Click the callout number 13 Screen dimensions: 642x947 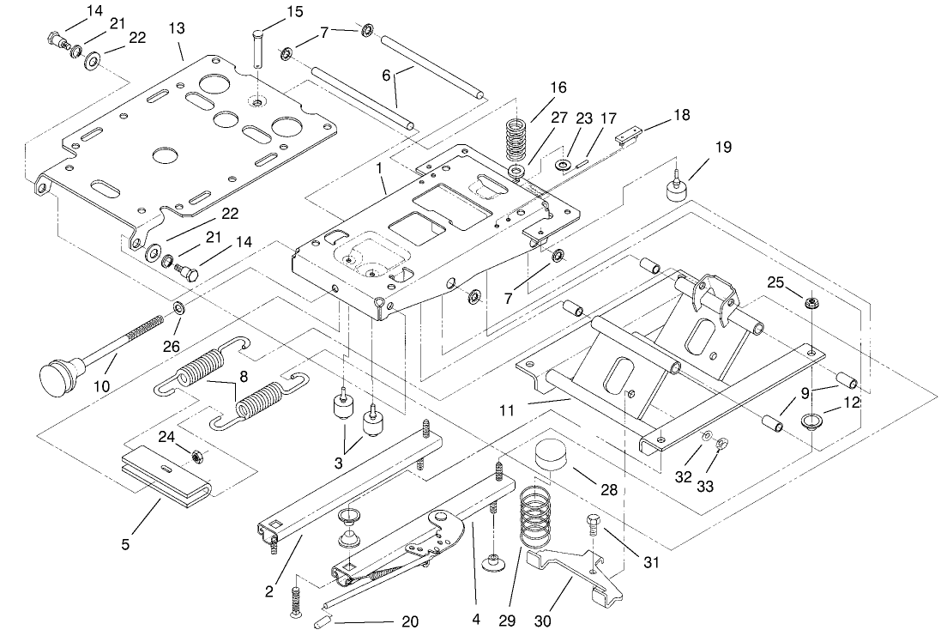coord(176,28)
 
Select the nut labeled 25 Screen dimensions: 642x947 coord(809,301)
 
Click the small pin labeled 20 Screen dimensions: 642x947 coord(325,620)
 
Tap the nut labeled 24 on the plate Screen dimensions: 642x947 coord(196,457)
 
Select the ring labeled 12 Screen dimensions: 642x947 coord(810,421)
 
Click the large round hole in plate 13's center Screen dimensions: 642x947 coord(163,155)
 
